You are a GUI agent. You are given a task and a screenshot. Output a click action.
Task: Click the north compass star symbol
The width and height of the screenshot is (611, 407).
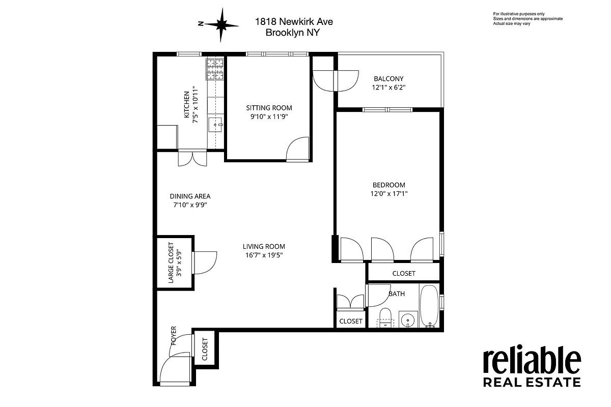221,24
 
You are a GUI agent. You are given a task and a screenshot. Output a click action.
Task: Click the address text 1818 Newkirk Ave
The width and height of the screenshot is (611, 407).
294,22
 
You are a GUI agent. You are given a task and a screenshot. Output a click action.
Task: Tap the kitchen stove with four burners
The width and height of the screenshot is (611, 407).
214,69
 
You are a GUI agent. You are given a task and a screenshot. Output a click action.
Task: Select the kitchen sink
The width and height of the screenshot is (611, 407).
216,123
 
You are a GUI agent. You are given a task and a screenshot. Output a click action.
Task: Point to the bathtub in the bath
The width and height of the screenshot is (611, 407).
429,307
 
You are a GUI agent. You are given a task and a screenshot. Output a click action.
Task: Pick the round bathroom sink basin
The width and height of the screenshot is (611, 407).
407,321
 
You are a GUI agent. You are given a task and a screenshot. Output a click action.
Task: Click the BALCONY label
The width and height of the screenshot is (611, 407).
388,79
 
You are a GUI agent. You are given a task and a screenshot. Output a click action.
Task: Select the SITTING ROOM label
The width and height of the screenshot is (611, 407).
269,108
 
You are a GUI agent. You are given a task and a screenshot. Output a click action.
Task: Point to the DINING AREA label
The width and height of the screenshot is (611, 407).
190,196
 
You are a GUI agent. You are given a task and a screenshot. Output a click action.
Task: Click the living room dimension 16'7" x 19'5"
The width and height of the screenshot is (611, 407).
264,255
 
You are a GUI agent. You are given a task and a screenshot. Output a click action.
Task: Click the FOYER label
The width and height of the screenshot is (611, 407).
174,336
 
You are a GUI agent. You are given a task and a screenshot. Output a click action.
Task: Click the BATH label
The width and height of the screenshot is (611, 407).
397,294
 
